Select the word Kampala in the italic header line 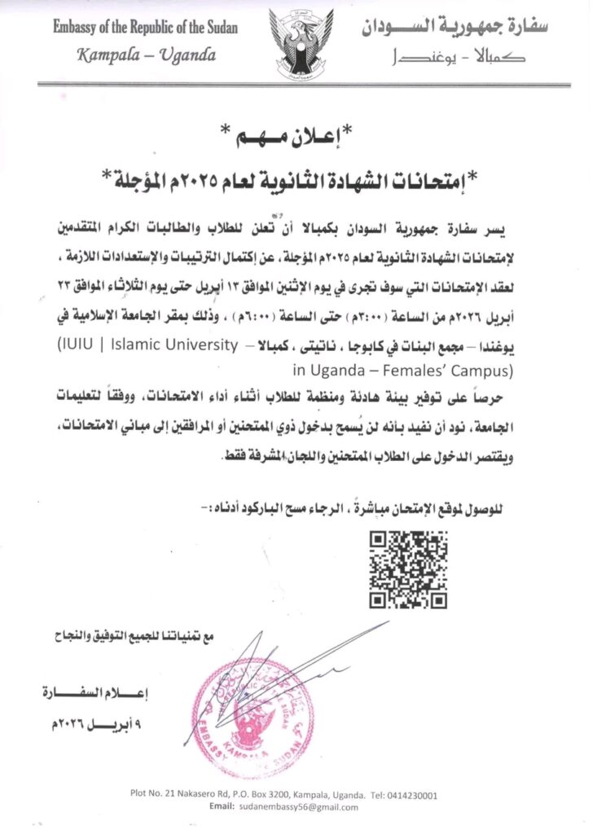click(113, 55)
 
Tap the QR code click(408, 569)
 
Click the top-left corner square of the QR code click(380, 541)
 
